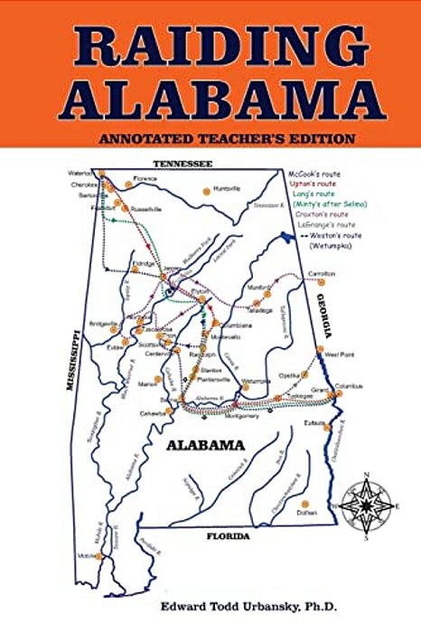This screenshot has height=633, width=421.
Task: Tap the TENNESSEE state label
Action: click(x=182, y=164)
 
